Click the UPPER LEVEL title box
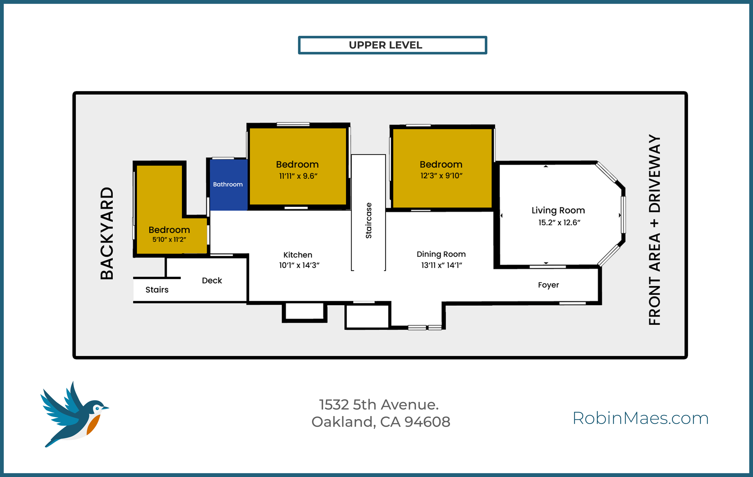pos(392,45)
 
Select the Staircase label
pos(369,221)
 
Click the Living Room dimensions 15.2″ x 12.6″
pos(559,222)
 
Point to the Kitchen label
pos(297,255)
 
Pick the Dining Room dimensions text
pos(441,265)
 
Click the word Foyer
pos(548,285)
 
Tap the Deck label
pos(212,280)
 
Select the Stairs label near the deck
pos(157,290)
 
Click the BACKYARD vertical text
pos(107,233)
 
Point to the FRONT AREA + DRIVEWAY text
pos(655,230)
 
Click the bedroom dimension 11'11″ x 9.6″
pos(298,176)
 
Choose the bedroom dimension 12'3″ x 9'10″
pos(441,176)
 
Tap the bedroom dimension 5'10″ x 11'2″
pos(169,240)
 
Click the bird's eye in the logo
pos(97,408)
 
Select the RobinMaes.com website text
pos(640,418)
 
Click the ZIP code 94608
pos(427,422)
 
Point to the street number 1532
pos(334,405)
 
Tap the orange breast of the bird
pos(93,425)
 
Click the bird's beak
pos(105,408)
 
